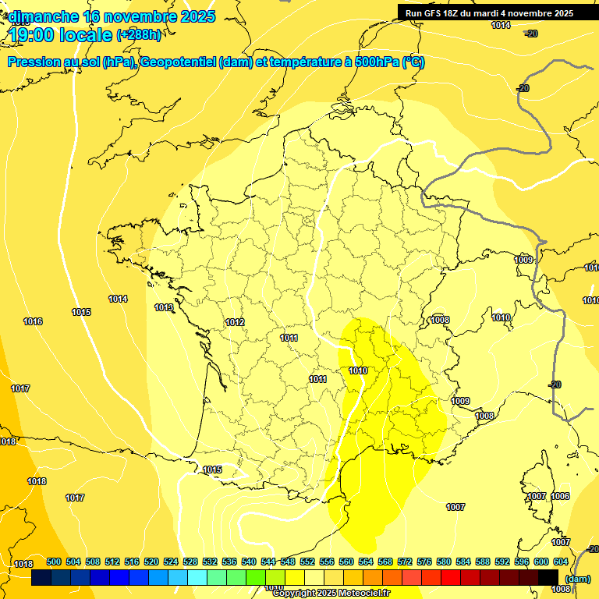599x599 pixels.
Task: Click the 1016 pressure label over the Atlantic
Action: click(x=33, y=321)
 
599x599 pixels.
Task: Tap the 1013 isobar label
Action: click(x=164, y=307)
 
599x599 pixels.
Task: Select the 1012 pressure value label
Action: click(x=235, y=322)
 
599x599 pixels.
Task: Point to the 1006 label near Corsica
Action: click(x=560, y=496)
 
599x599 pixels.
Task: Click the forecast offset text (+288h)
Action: click(x=140, y=35)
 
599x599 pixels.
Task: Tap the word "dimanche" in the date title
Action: click(x=43, y=16)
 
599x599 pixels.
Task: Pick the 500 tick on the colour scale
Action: click(x=54, y=562)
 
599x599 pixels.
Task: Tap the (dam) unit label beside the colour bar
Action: click(x=578, y=578)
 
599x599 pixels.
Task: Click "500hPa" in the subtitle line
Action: click(x=373, y=62)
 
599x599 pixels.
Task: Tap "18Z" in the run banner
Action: click(x=457, y=13)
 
